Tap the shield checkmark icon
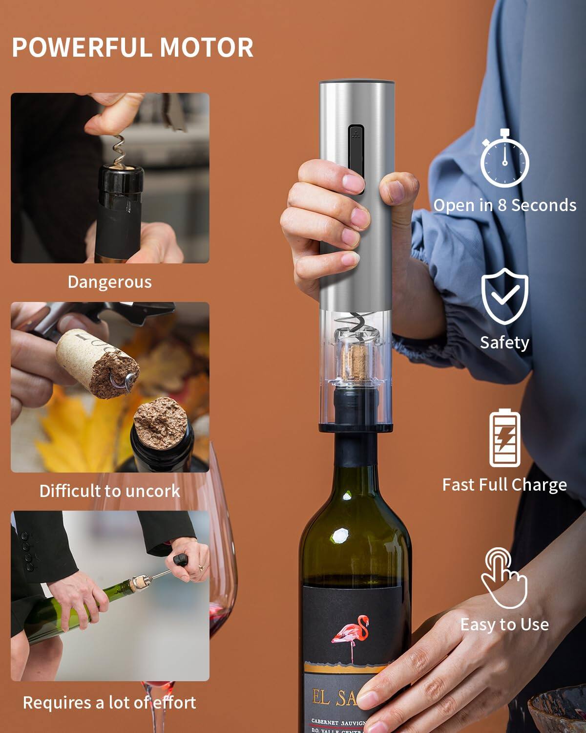click(504, 296)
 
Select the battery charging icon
click(504, 438)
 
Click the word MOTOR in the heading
click(207, 47)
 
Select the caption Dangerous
click(109, 282)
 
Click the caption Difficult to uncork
click(109, 491)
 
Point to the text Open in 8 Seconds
click(504, 205)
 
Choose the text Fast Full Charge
click(504, 485)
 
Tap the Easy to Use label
click(504, 625)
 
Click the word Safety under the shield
click(504, 343)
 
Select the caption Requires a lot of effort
click(109, 703)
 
